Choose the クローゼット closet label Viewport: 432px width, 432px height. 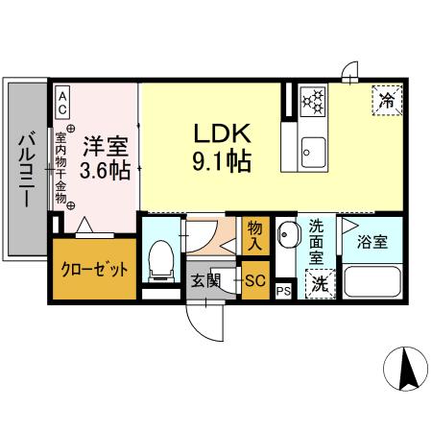click(93, 270)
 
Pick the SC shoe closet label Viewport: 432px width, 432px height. click(255, 281)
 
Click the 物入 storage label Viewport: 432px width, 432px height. click(255, 233)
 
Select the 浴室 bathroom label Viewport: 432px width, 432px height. click(372, 242)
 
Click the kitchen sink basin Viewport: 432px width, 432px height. click(312, 150)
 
